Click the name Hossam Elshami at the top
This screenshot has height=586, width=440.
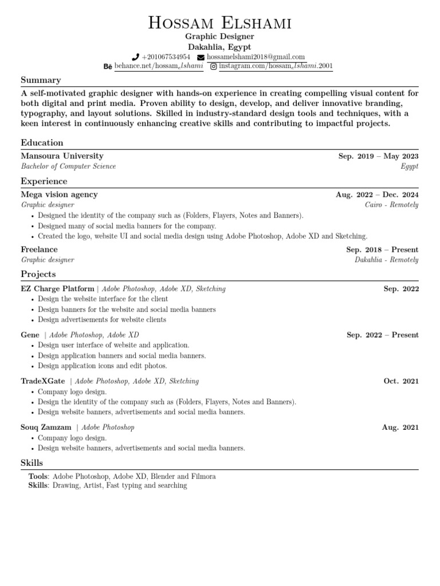click(220, 23)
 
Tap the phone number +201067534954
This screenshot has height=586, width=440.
click(166, 57)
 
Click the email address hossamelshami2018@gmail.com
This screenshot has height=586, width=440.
click(256, 57)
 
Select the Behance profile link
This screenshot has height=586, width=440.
click(159, 67)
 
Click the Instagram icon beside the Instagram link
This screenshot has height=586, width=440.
click(214, 67)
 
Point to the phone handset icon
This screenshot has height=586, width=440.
click(135, 57)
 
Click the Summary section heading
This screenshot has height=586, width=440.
click(41, 80)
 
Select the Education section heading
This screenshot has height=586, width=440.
click(42, 143)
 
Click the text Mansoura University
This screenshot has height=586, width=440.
click(62, 156)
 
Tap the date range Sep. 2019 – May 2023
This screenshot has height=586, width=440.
click(378, 156)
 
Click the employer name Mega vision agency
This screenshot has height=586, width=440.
click(59, 195)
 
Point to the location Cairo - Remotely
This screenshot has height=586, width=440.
click(391, 205)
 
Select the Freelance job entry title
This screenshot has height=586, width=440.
click(39, 250)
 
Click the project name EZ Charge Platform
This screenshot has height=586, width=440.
click(57, 289)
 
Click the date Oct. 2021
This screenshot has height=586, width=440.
click(401, 381)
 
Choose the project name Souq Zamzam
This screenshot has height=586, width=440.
click(46, 427)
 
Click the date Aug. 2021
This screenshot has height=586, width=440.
click(400, 427)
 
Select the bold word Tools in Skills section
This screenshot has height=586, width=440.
click(38, 476)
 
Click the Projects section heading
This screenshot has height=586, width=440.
click(38, 274)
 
